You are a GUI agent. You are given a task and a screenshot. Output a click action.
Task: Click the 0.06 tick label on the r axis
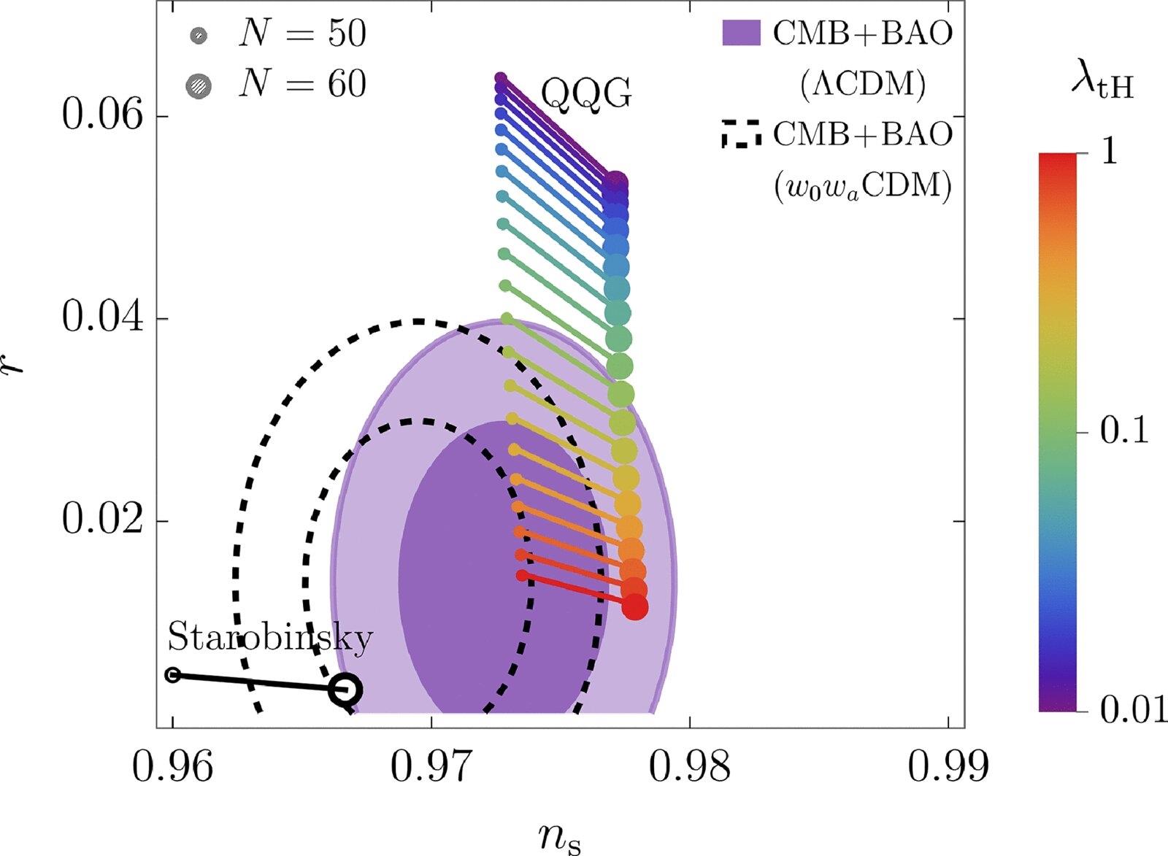pyautogui.click(x=102, y=116)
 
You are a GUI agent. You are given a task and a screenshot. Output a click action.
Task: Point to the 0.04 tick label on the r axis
pyautogui.click(x=102, y=318)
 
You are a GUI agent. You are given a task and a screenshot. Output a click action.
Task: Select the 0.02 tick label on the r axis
pyautogui.click(x=102, y=520)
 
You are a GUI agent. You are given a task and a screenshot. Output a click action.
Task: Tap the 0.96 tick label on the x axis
pyautogui.click(x=172, y=767)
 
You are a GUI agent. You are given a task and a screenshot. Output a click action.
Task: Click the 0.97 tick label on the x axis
pyautogui.click(x=431, y=767)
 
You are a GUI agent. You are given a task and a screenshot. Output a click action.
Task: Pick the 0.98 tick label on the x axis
pyautogui.click(x=690, y=767)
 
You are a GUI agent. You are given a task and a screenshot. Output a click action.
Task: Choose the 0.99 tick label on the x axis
pyautogui.click(x=948, y=767)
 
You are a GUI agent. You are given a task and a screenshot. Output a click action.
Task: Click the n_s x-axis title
pyautogui.click(x=559, y=837)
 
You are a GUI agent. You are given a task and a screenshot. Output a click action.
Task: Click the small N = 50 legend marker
pyautogui.click(x=199, y=36)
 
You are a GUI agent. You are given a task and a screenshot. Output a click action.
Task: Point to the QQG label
pyautogui.click(x=586, y=95)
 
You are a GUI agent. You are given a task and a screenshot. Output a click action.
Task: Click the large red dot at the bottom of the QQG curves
pyautogui.click(x=634, y=607)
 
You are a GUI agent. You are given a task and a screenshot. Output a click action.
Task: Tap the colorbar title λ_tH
pyautogui.click(x=1102, y=87)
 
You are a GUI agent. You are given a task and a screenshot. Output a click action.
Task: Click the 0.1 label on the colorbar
pyautogui.click(x=1124, y=432)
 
